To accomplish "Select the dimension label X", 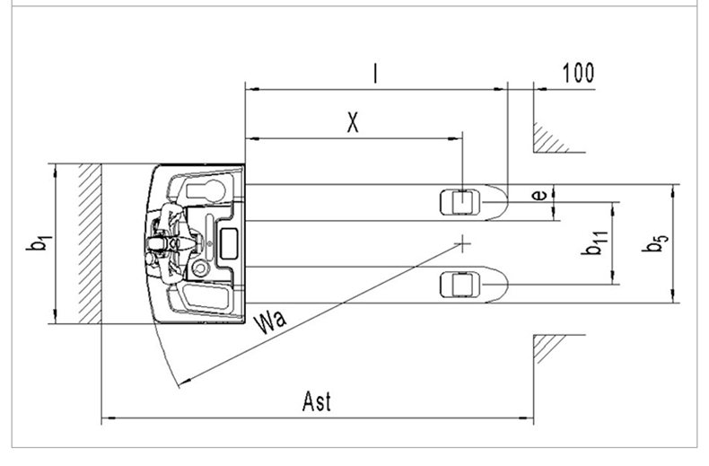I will pos(354,123).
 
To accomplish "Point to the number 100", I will pos(578,74).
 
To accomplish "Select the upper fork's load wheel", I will pos(459,201).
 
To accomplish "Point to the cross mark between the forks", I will pos(462,242).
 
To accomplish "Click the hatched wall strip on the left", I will pos(88,242).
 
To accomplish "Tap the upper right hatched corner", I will pos(547,136).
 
